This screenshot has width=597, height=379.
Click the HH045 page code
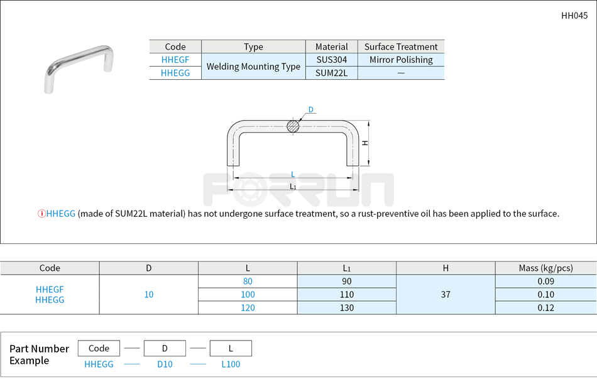[574, 16]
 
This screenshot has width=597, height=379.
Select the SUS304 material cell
[331, 60]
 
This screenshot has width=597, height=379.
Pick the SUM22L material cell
[331, 73]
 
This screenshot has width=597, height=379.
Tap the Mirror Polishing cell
[401, 60]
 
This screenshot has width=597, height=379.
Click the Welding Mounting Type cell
[253, 66]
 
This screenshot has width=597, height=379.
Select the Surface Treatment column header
[401, 47]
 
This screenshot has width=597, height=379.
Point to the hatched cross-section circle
[293, 126]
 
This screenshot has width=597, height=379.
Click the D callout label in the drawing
[310, 110]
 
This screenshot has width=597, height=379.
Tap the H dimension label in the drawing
[365, 143]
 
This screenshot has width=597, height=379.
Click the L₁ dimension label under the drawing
[293, 187]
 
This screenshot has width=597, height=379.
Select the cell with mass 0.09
[545, 282]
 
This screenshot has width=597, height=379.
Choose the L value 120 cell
[248, 308]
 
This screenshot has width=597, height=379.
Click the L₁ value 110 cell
[346, 295]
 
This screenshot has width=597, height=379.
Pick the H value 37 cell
[446, 295]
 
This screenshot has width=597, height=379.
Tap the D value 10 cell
[149, 295]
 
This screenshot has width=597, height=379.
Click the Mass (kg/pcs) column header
[545, 268]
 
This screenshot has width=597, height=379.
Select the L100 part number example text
[231, 365]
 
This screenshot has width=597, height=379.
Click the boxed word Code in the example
[99, 348]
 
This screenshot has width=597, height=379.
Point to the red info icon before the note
[41, 214]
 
